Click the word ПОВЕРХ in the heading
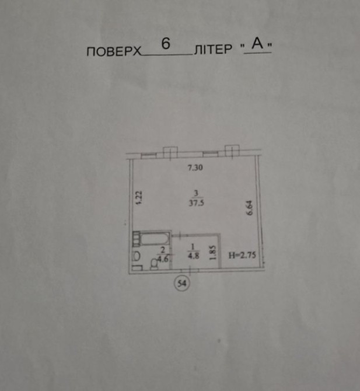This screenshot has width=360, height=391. [114, 51]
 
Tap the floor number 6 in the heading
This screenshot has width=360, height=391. [166, 44]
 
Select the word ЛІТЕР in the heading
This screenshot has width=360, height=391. [213, 49]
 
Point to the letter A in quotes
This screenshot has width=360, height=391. [257, 43]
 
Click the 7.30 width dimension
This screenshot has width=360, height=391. [195, 167]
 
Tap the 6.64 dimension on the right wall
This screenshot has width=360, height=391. [249, 208]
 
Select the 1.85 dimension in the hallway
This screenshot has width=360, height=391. [212, 253]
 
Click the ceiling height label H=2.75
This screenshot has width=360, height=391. [242, 255]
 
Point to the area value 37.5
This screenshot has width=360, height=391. [196, 203]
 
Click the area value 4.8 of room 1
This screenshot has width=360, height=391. [194, 256]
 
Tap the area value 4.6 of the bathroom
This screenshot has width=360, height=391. [163, 259]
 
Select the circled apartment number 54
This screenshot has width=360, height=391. [181, 283]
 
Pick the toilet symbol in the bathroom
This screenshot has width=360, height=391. [155, 264]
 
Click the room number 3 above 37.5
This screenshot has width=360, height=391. [196, 193]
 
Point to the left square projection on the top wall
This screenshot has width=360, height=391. [170, 152]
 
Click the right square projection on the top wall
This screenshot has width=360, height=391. [232, 151]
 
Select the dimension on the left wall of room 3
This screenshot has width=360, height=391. [139, 198]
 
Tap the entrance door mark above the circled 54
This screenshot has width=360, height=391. [190, 270]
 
